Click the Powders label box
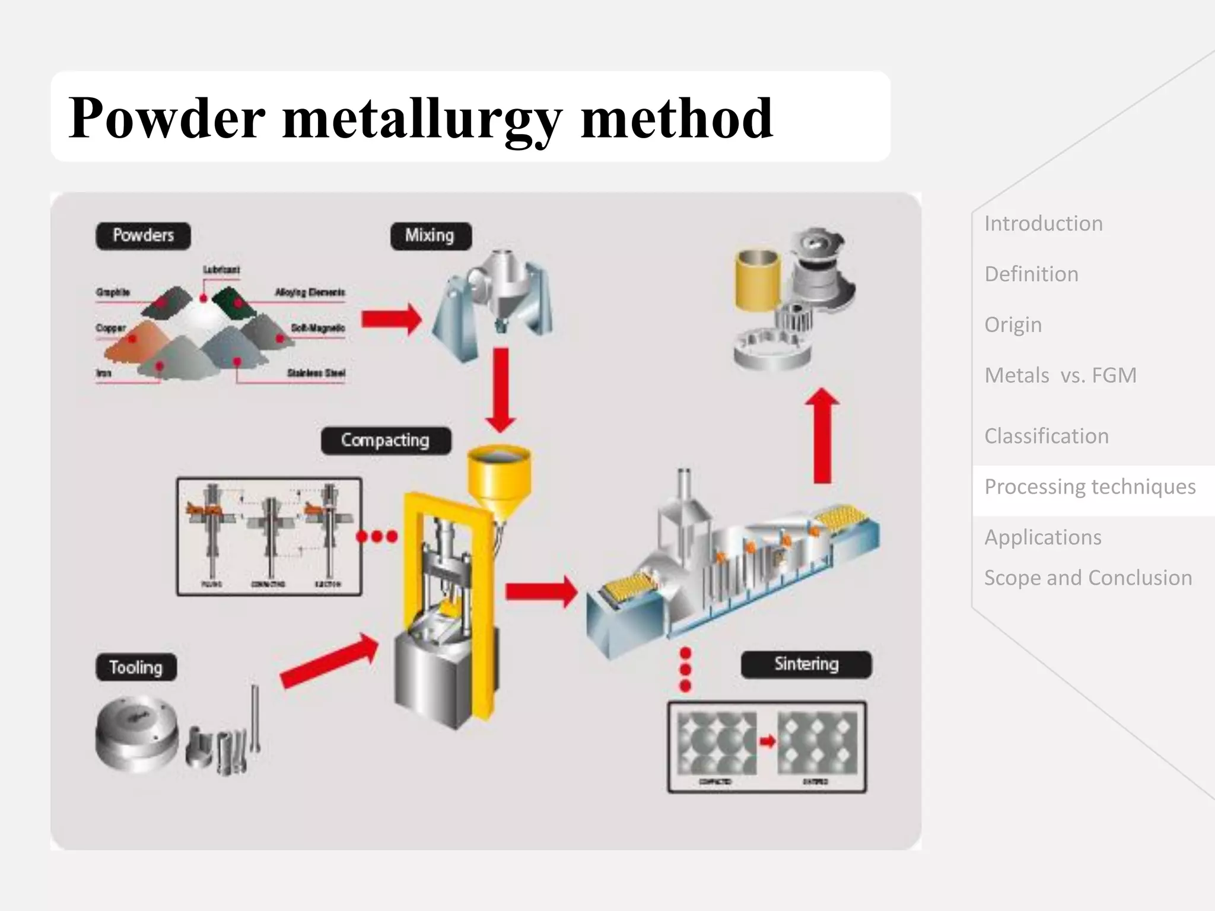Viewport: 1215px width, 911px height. click(x=143, y=236)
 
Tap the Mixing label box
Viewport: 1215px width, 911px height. click(x=431, y=236)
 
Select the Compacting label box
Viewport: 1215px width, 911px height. click(x=386, y=441)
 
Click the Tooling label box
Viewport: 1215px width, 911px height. click(x=136, y=667)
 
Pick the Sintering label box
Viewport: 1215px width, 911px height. click(x=806, y=664)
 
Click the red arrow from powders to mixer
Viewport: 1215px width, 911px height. click(x=391, y=319)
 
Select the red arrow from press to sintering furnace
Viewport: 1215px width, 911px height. click(x=540, y=591)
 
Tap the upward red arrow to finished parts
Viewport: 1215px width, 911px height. click(x=822, y=436)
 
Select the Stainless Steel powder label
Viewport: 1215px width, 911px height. click(x=316, y=373)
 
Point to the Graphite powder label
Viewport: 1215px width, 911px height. click(x=113, y=292)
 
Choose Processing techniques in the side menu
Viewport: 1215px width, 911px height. click(x=1090, y=487)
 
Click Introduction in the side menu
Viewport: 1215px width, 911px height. click(x=1044, y=224)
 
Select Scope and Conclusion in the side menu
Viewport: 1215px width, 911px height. click(x=1088, y=578)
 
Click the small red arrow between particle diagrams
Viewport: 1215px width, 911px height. click(x=768, y=741)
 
